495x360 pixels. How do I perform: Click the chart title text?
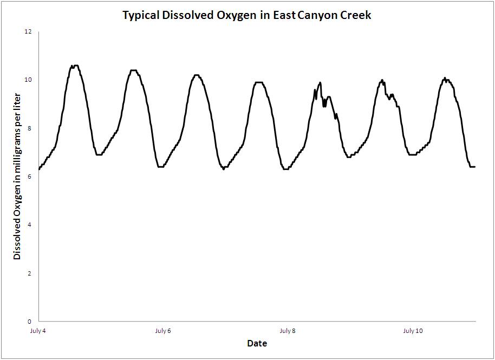tap(247, 15)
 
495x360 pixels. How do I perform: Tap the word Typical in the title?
tap(141, 15)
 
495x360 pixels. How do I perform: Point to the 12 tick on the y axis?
tap(29, 32)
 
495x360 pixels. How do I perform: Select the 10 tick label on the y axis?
tap(29, 80)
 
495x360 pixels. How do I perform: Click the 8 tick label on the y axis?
tap(30, 128)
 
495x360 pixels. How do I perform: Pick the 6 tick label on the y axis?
tap(30, 176)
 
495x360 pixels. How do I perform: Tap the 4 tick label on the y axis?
tap(30, 225)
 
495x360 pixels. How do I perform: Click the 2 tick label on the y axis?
tap(30, 273)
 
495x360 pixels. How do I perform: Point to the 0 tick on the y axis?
tap(30, 321)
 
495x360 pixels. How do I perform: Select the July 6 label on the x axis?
tap(163, 331)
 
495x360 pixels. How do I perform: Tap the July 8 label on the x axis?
tap(288, 331)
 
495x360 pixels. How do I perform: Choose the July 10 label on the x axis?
tap(413, 331)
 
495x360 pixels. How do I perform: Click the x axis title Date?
tap(257, 343)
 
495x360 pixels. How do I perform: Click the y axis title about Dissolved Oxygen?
tap(17, 176)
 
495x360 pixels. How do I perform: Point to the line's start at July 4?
tap(39, 169)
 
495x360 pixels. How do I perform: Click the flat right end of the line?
tap(472, 167)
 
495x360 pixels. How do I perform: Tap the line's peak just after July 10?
tap(445, 78)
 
